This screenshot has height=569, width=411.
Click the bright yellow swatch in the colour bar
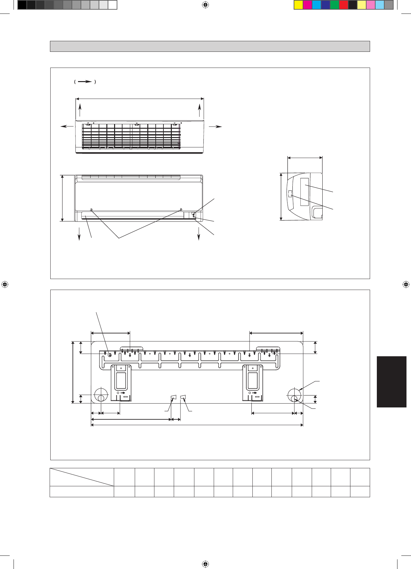coord(298,5)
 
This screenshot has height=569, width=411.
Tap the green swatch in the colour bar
coord(335,5)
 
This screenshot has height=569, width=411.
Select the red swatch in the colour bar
coord(344,5)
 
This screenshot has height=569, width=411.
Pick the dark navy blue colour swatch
coord(326,5)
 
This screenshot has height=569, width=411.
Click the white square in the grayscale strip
coord(112,5)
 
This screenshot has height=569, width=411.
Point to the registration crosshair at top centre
coord(205,5)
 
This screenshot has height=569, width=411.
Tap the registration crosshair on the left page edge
coord(5,284)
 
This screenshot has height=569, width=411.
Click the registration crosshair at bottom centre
coord(205,564)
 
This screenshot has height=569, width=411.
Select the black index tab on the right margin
coord(391,382)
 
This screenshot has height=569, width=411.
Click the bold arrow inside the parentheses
coord(85,82)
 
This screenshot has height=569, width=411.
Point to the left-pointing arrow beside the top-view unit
coord(67,126)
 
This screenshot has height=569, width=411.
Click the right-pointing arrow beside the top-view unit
coord(215,126)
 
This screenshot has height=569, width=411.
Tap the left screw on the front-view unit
coord(91,210)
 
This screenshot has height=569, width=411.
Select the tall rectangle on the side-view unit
coord(304,192)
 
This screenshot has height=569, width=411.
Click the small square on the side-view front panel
coord(290,193)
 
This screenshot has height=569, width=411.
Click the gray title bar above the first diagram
coord(210,46)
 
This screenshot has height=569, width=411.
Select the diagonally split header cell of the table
coord(82,477)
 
